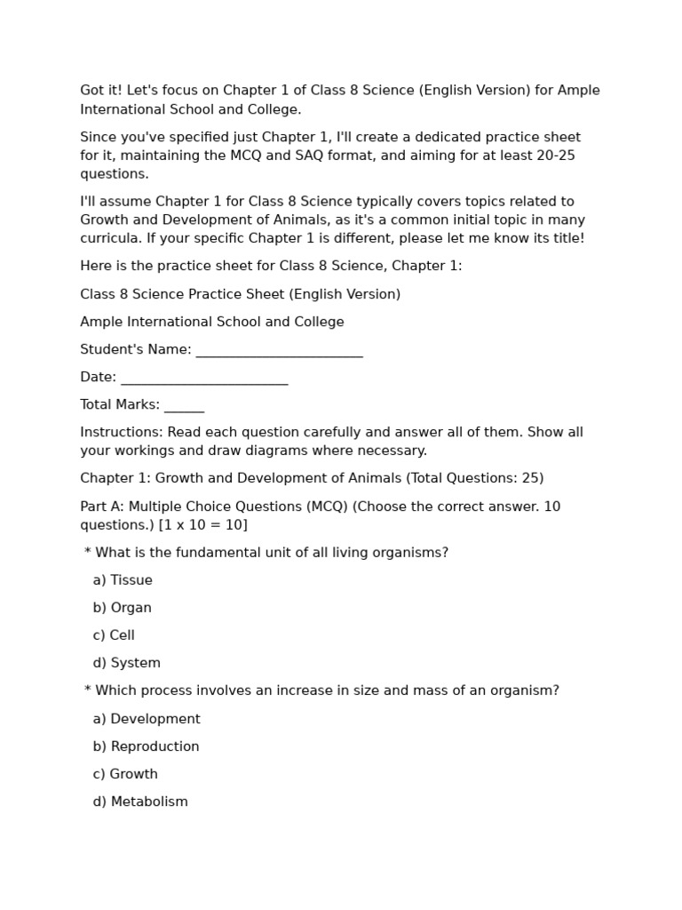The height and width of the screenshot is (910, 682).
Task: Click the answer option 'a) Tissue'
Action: pos(123,580)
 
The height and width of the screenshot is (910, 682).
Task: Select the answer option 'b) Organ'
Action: pos(122,608)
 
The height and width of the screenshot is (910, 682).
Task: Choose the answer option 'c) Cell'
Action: pos(114,635)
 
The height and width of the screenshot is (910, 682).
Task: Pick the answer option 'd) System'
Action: pos(126,663)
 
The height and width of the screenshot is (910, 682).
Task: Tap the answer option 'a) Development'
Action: pos(147,719)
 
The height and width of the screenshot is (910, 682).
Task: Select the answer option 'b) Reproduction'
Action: pos(146,746)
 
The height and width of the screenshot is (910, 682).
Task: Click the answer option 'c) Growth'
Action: pos(125,774)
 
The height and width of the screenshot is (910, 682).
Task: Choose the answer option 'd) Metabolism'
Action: pos(140,802)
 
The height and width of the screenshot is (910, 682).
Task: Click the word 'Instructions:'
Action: pos(122,432)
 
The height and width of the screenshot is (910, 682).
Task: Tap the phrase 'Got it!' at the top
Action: pos(101,91)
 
